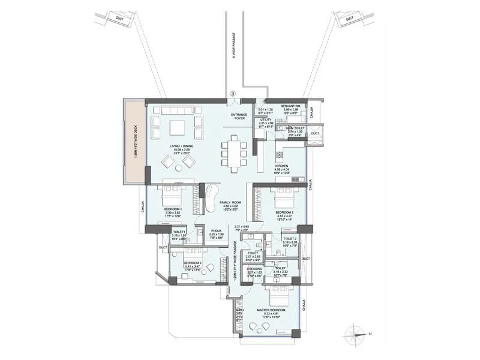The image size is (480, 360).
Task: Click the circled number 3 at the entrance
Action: click(x=232, y=94)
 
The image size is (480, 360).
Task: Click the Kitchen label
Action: click(x=282, y=166)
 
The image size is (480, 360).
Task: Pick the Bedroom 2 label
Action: click(x=284, y=212)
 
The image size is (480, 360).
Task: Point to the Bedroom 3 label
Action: click(x=193, y=263)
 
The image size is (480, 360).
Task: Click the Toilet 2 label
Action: click(x=291, y=238)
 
